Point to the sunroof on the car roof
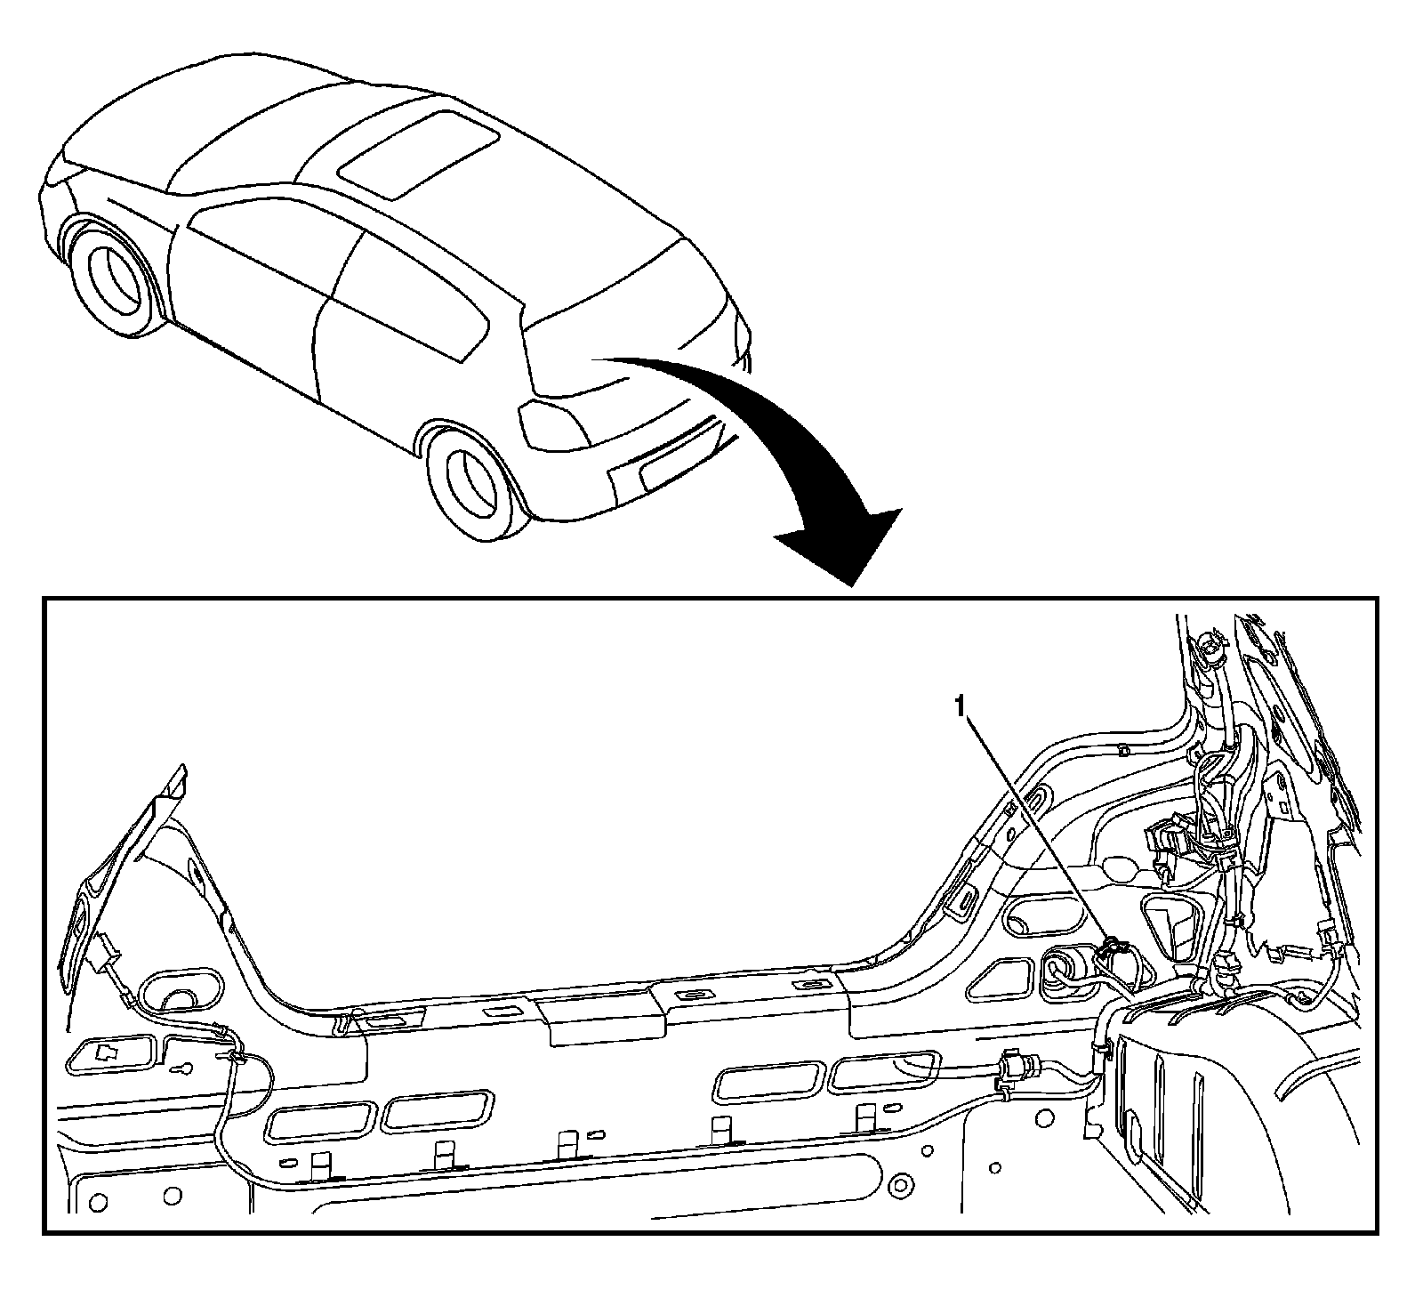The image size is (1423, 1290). (418, 151)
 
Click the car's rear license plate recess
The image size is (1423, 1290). (671, 459)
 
